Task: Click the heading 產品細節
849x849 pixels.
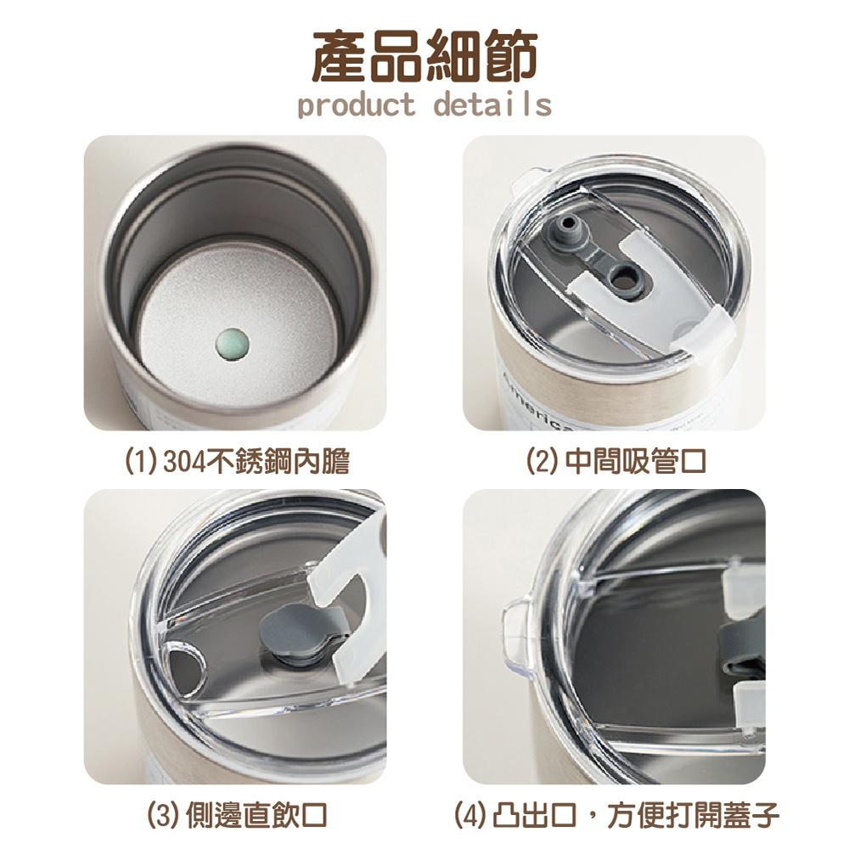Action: (425, 57)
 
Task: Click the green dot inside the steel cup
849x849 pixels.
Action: (233, 345)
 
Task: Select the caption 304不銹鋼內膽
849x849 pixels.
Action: (256, 462)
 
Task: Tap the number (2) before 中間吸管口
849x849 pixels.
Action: (543, 461)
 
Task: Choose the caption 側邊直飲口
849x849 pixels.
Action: (256, 816)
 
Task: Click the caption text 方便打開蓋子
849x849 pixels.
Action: (693, 816)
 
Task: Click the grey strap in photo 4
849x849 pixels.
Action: (743, 644)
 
